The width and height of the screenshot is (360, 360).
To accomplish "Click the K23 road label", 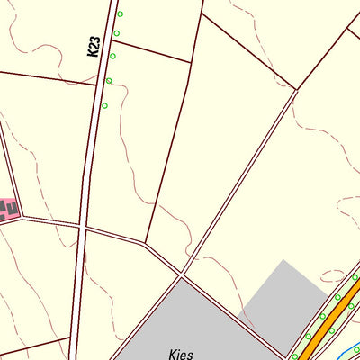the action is click(94, 46).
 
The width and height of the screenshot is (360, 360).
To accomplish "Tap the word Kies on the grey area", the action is click(180, 354).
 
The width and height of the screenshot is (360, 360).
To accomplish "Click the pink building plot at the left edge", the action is click(8, 211).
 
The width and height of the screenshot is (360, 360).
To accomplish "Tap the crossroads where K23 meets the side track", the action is click(82, 228).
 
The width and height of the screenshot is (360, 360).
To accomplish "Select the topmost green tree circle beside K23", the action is click(120, 13).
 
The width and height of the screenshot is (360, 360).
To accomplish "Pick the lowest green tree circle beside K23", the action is click(104, 105).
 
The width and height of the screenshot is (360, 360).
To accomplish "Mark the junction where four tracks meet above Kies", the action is click(182, 273).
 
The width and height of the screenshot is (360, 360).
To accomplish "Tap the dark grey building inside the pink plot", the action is click(12, 209).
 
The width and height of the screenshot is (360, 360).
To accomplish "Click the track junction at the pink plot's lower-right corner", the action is click(21, 218).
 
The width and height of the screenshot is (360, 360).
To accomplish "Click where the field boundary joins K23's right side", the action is click(112, 40).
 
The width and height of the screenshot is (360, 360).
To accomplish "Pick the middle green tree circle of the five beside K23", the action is click(112, 57).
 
